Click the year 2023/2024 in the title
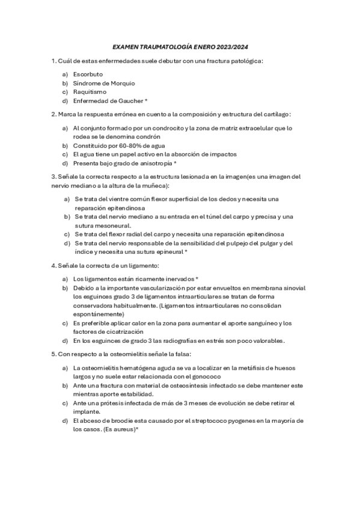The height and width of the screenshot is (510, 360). (x=231, y=47)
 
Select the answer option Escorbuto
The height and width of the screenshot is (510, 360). (x=88, y=74)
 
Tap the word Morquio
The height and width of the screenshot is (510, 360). (x=122, y=83)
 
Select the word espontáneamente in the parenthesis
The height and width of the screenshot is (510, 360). (x=99, y=314)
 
